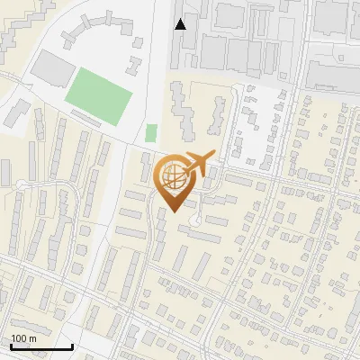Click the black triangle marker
click(181, 24)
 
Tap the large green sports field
click(98, 96)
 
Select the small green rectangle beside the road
click(151, 133)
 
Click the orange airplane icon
click(197, 166)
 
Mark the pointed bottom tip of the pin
click(174, 211)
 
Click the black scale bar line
click(41, 346)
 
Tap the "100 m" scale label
click(23, 338)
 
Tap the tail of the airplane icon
click(184, 172)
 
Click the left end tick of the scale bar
click(11, 346)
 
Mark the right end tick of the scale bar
click(72, 346)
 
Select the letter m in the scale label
click(32, 338)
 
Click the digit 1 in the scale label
click(13, 338)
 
